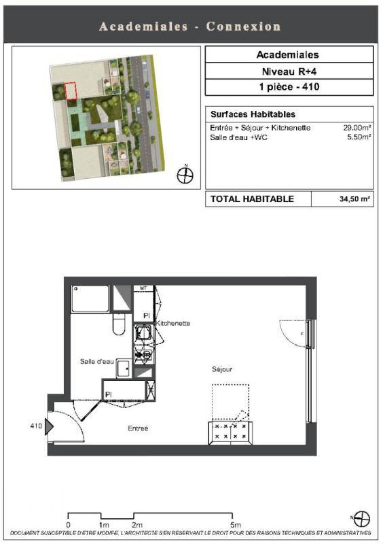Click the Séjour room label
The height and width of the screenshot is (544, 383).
(222, 369)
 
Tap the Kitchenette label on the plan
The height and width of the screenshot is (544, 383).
(173, 323)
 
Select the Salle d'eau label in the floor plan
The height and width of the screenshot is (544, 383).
(96, 362)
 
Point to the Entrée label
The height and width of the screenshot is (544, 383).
(138, 428)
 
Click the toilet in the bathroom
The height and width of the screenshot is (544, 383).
(119, 324)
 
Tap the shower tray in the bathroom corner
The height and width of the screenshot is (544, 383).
(90, 299)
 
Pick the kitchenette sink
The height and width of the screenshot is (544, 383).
(143, 333)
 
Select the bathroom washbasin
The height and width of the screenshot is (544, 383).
(124, 368)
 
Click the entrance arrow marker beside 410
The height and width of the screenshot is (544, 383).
(49, 426)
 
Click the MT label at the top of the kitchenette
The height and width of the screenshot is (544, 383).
(143, 288)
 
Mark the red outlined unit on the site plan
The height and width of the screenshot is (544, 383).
(70, 91)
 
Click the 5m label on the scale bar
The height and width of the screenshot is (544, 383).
(236, 525)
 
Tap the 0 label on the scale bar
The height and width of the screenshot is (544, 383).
(69, 525)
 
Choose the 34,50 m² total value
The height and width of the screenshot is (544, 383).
(354, 199)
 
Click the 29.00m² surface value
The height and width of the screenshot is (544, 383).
(357, 127)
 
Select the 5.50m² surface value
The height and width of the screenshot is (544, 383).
(359, 137)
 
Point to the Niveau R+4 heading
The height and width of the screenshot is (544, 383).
(289, 71)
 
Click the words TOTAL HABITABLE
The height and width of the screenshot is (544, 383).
(252, 199)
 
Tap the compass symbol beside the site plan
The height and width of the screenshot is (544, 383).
(185, 175)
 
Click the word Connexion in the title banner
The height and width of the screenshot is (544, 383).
(243, 27)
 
